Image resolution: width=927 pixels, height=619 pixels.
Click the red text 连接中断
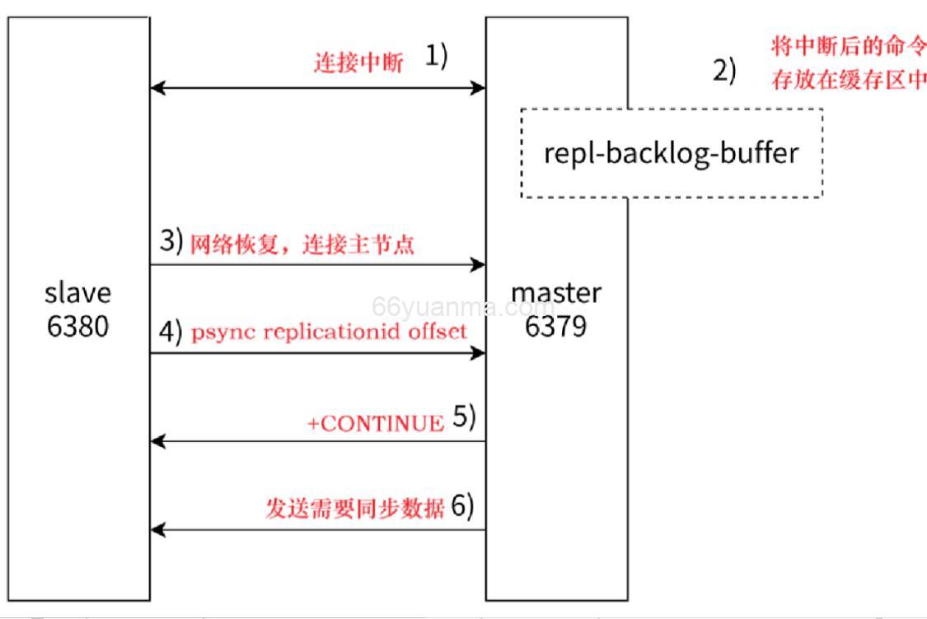click(358, 63)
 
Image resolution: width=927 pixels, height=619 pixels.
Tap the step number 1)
click(436, 57)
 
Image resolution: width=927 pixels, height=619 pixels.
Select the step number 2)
click(724, 71)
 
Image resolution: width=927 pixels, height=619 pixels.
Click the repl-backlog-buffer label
click(671, 153)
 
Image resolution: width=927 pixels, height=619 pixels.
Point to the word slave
click(77, 292)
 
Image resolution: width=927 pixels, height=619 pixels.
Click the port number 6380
click(77, 327)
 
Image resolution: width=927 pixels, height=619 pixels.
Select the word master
click(556, 292)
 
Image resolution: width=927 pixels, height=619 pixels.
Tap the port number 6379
click(556, 327)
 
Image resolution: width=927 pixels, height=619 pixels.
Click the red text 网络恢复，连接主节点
click(302, 245)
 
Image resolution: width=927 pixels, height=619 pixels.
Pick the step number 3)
click(171, 242)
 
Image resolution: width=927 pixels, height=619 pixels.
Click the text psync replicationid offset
click(329, 332)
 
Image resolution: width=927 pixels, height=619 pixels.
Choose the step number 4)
click(171, 332)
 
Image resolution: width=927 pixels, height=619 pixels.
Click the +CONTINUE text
click(375, 423)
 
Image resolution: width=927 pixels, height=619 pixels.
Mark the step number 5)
click(465, 419)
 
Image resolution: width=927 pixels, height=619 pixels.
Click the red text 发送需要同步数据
click(355, 508)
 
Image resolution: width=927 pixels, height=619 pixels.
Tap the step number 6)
click(463, 506)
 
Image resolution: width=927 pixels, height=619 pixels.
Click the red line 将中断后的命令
click(848, 45)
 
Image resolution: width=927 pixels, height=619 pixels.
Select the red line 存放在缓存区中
click(848, 81)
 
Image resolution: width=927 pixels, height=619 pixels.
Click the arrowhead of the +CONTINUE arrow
click(158, 442)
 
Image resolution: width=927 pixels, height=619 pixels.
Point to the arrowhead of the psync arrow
click(478, 354)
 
